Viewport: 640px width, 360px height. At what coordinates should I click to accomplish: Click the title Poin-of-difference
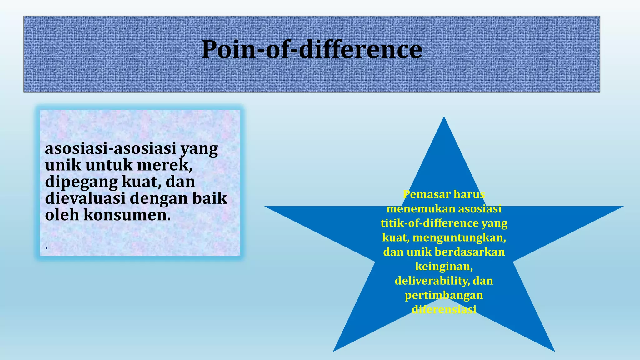pos(312,49)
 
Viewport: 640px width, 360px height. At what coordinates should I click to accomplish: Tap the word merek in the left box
pos(164,165)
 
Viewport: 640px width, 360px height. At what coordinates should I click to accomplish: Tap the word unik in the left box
pos(63,165)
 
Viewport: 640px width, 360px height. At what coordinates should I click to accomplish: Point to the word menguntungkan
pos(459,237)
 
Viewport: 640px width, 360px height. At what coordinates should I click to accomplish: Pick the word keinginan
pos(444,266)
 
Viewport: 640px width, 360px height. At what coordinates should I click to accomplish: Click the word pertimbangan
pos(444,295)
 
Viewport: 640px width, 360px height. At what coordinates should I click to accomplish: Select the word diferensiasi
pos(444,310)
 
